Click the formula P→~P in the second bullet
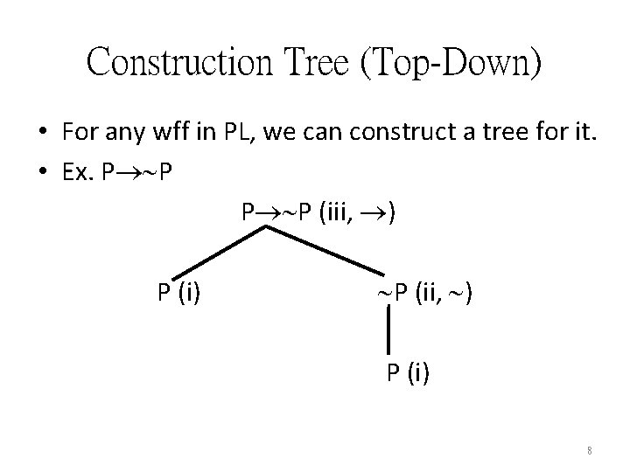pos(136,170)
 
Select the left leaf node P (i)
pos(178,292)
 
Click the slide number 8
pos(590,451)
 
